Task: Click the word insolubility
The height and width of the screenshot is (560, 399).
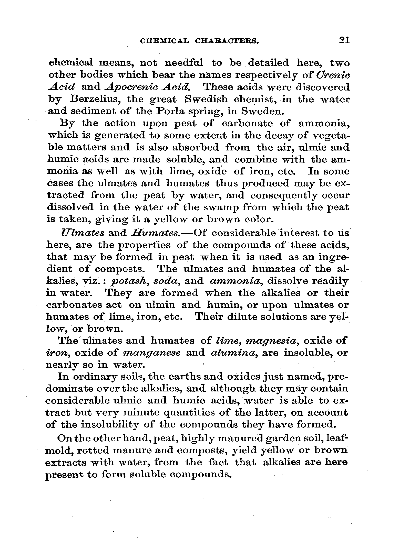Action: (110, 424)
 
